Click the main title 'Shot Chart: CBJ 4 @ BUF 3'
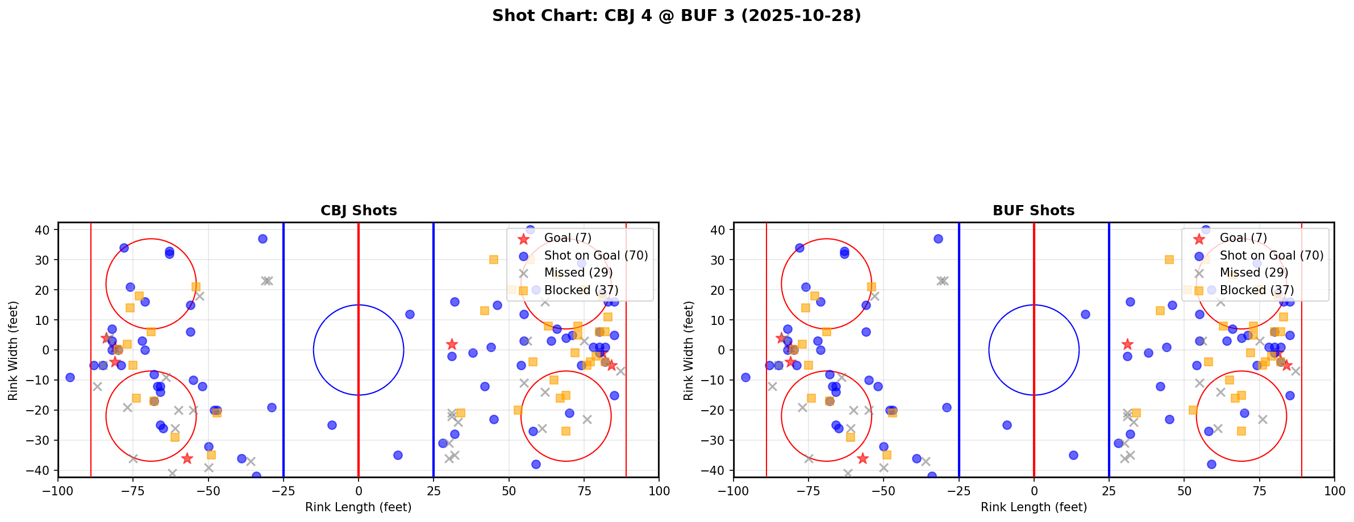pyautogui.click(x=676, y=16)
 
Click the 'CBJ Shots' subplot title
pyautogui.click(x=359, y=211)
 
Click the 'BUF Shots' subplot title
pyautogui.click(x=1034, y=211)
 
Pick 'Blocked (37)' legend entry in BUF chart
pyautogui.click(x=1256, y=290)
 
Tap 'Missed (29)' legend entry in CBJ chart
pyautogui.click(x=578, y=273)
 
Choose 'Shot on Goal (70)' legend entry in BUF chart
pyautogui.click(x=1271, y=256)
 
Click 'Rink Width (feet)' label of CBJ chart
pyautogui.click(x=13, y=350)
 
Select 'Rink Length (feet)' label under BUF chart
pyautogui.click(x=1034, y=507)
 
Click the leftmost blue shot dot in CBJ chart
pyautogui.click(x=70, y=377)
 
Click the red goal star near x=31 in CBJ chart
pyautogui.click(x=452, y=344)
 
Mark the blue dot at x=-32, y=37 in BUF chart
pyautogui.click(x=938, y=239)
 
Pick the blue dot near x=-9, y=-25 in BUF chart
pyautogui.click(x=1007, y=425)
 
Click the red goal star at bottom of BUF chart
pyautogui.click(x=863, y=458)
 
